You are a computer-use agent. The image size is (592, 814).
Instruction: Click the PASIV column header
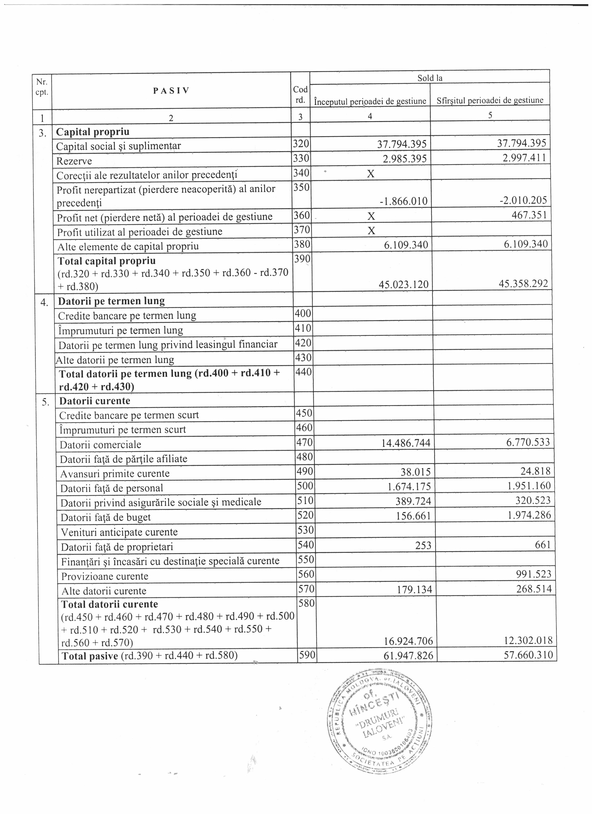click(171, 90)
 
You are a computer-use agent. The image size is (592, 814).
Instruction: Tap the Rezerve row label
click(74, 161)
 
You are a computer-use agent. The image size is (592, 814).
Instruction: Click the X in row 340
click(371, 174)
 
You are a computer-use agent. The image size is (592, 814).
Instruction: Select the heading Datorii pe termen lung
click(111, 301)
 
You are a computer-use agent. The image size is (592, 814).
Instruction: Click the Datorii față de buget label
click(106, 517)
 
